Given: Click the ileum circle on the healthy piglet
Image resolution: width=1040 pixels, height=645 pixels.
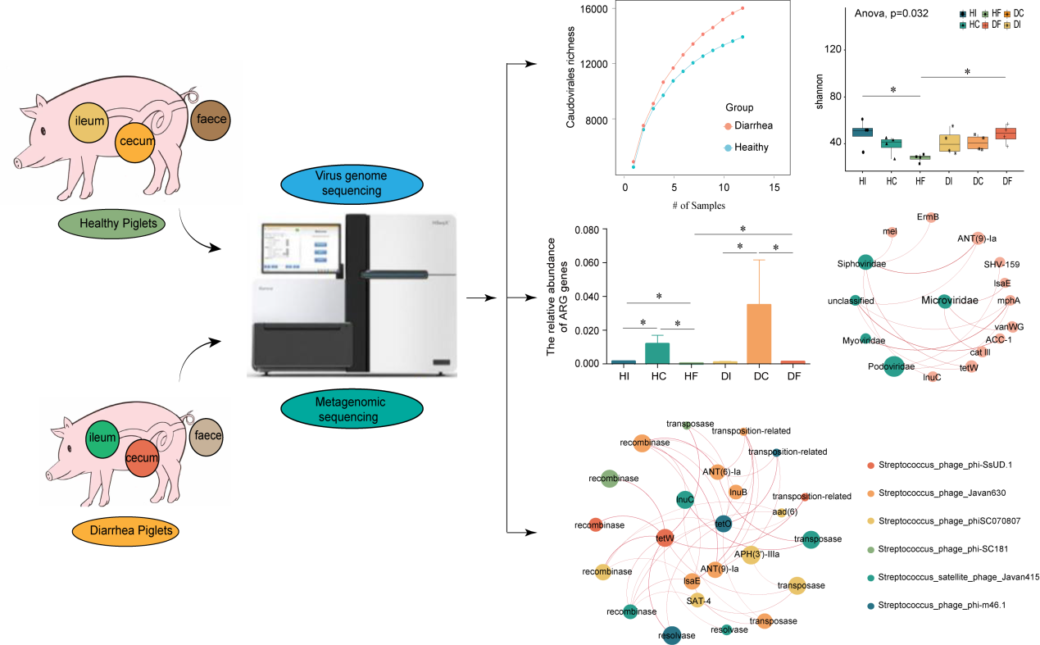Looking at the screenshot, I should click(x=90, y=120).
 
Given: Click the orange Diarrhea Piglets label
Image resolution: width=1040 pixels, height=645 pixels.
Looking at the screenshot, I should click(x=123, y=531).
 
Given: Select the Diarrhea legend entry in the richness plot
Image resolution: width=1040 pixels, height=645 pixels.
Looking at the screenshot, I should click(x=747, y=125).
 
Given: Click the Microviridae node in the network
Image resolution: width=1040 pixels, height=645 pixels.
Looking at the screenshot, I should click(x=944, y=301).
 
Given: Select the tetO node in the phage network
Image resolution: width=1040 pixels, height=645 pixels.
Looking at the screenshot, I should click(x=723, y=523).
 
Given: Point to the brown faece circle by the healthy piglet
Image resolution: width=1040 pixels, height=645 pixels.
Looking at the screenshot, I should click(x=209, y=119).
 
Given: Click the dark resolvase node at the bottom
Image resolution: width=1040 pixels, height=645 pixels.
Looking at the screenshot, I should click(x=672, y=634).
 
